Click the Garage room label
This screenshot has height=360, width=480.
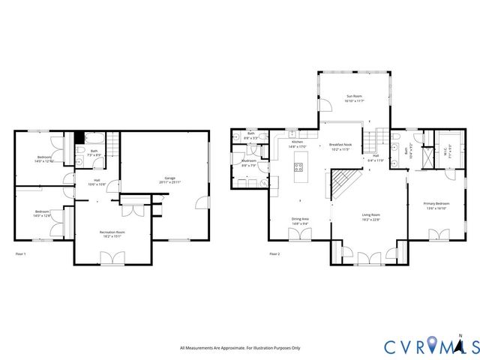click(165, 179)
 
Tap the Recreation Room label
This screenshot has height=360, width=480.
click(112, 233)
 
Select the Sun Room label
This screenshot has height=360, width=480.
click(354, 97)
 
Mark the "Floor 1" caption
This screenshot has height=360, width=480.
click(21, 254)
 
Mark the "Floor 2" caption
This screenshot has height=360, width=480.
click(274, 254)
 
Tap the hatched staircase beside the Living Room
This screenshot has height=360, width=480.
click(346, 181)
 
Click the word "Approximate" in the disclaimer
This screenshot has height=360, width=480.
click(232, 348)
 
